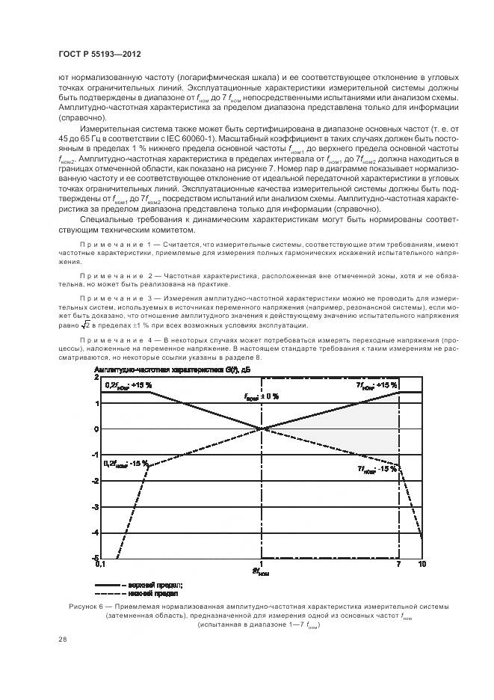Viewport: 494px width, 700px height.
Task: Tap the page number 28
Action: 62,639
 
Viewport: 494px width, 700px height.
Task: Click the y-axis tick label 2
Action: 96,378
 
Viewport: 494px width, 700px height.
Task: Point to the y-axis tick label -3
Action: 94,507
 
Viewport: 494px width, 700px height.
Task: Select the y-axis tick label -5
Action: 94,558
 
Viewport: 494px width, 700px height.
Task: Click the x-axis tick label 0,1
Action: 100,565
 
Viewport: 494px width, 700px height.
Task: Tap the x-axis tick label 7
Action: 399,565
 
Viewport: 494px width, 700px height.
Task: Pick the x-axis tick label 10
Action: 422,565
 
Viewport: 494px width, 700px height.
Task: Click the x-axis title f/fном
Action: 261,573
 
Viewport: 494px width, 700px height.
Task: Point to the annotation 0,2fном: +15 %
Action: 128,385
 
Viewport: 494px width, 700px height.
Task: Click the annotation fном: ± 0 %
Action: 261,396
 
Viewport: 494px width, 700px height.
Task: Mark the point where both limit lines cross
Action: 261,429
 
